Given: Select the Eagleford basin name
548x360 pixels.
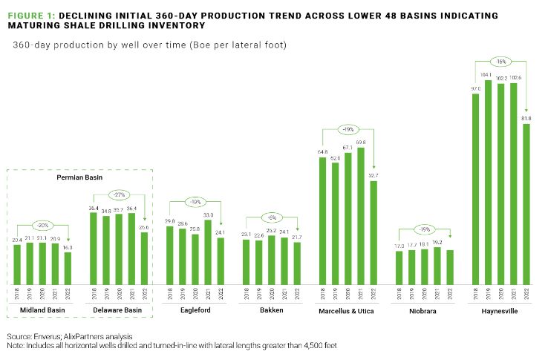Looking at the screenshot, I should [195, 310].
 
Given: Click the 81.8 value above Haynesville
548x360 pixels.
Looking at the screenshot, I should [526, 118].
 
